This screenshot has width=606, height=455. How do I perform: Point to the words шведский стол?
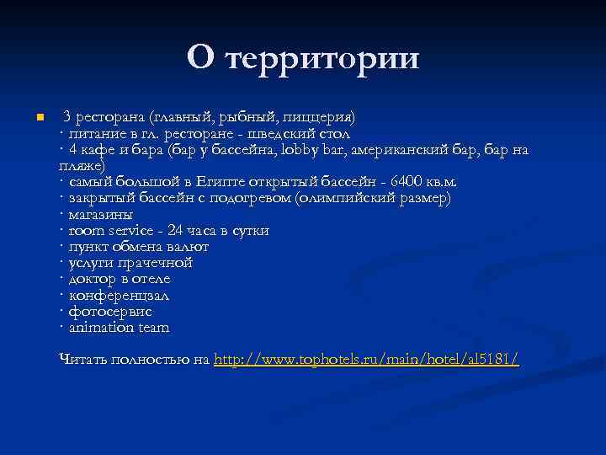pyautogui.click(x=312, y=133)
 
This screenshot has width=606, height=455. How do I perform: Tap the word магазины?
pyautogui.click(x=100, y=214)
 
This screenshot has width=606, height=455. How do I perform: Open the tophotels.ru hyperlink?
pyautogui.click(x=366, y=360)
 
